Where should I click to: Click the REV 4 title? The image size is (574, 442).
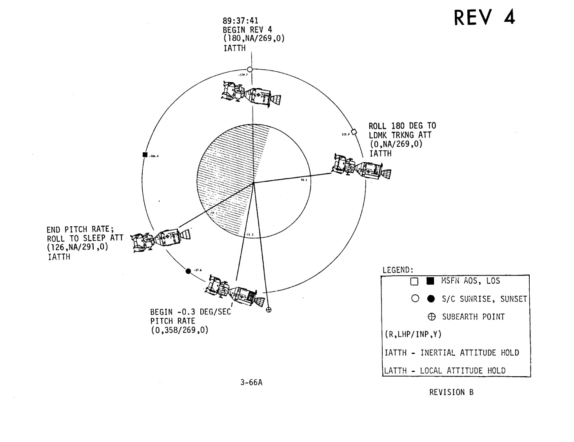[484, 18]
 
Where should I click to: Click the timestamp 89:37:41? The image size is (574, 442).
[241, 21]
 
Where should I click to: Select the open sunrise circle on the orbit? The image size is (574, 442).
[250, 69]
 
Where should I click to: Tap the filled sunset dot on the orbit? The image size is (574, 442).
[188, 271]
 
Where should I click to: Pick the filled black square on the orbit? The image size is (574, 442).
[145, 154]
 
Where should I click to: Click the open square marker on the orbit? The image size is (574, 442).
[354, 132]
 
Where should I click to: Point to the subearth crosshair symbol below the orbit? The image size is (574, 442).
[269, 310]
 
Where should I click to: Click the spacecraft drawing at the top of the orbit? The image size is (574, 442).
[251, 94]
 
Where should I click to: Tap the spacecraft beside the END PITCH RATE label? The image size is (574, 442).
[161, 239]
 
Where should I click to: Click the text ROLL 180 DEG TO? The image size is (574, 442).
[402, 126]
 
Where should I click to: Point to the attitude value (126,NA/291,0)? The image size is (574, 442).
[77, 247]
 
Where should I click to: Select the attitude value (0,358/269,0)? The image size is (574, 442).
[180, 330]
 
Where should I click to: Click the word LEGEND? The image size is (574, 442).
[398, 270]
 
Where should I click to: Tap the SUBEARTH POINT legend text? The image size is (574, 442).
[473, 317]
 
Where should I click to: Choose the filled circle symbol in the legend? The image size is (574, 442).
[431, 299]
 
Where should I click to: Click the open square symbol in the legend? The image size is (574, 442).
[414, 281]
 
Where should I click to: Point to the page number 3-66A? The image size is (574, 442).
[251, 382]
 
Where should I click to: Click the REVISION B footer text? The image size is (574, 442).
[451, 392]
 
